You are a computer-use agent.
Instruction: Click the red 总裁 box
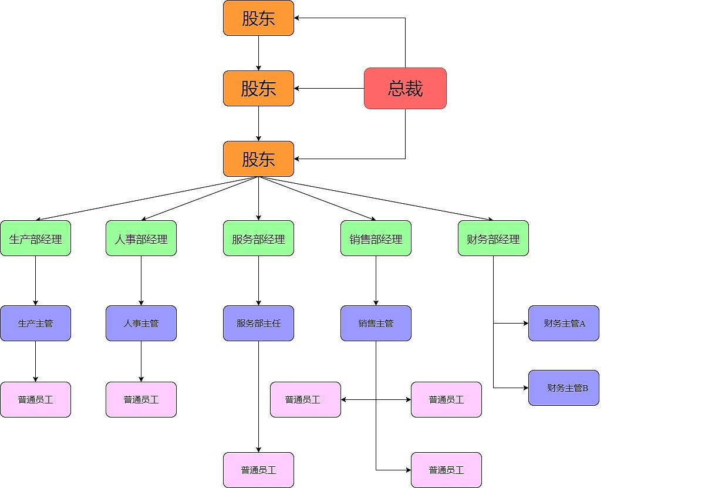(x=405, y=88)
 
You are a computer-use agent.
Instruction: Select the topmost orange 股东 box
(x=258, y=18)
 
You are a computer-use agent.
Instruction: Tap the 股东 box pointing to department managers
(x=258, y=159)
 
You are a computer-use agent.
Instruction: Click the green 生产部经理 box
(x=35, y=238)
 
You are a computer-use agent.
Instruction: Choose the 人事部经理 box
(x=141, y=238)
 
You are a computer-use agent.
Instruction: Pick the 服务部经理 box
(x=258, y=238)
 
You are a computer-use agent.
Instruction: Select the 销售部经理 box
(x=376, y=238)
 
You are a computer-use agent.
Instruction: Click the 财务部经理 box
(x=493, y=238)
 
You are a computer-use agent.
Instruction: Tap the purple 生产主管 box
(x=35, y=323)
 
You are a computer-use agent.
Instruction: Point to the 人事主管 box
(x=141, y=323)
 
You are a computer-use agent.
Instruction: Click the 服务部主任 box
(x=258, y=323)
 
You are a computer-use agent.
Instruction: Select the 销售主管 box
(x=376, y=323)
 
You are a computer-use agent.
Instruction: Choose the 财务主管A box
(x=564, y=323)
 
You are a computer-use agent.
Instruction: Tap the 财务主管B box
(x=564, y=388)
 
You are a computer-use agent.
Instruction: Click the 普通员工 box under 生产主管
(x=35, y=399)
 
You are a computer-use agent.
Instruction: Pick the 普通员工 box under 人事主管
(x=141, y=399)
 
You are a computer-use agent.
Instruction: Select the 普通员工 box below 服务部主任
(x=258, y=470)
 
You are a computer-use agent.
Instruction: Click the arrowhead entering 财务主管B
(x=525, y=388)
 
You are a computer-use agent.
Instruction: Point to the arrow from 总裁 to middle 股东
(x=329, y=88)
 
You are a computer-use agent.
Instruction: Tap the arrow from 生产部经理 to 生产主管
(x=35, y=281)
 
